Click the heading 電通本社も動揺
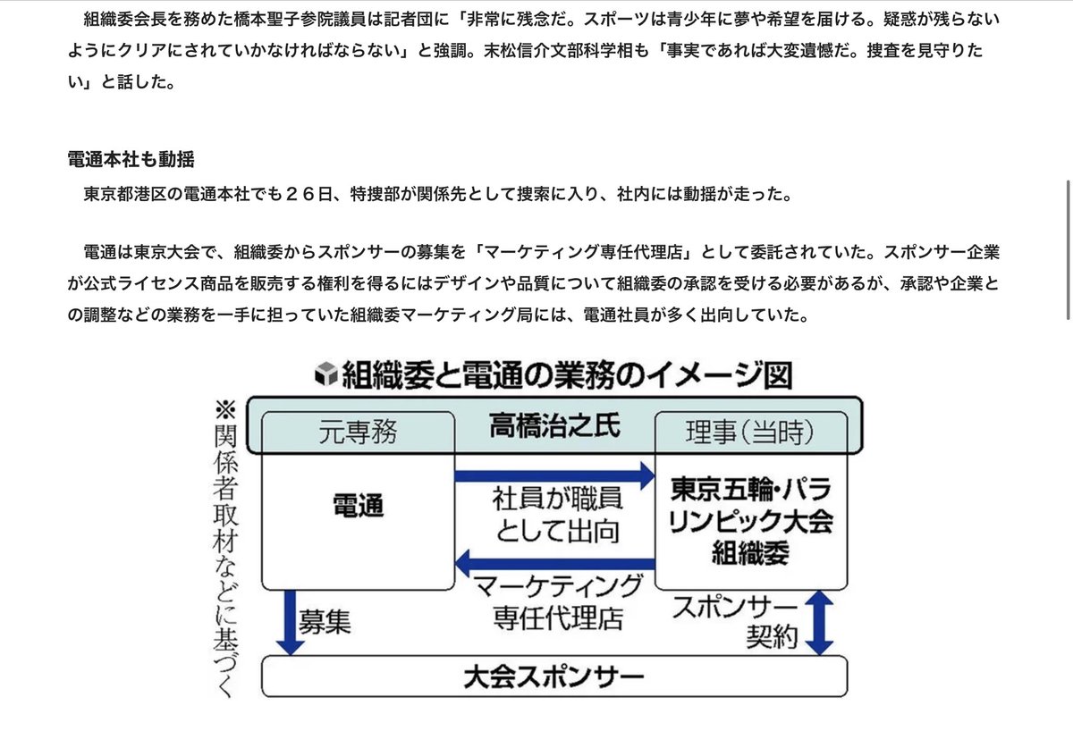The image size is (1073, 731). click(x=131, y=160)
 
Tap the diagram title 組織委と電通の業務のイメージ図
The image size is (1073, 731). click(x=565, y=374)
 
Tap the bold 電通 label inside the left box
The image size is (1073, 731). click(x=358, y=506)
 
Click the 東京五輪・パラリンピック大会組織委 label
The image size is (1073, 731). click(x=751, y=522)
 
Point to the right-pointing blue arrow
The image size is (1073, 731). click(x=555, y=475)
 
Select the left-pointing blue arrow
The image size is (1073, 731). click(x=554, y=563)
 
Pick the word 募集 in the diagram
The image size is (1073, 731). click(x=325, y=623)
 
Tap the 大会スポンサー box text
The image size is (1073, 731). click(x=554, y=677)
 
